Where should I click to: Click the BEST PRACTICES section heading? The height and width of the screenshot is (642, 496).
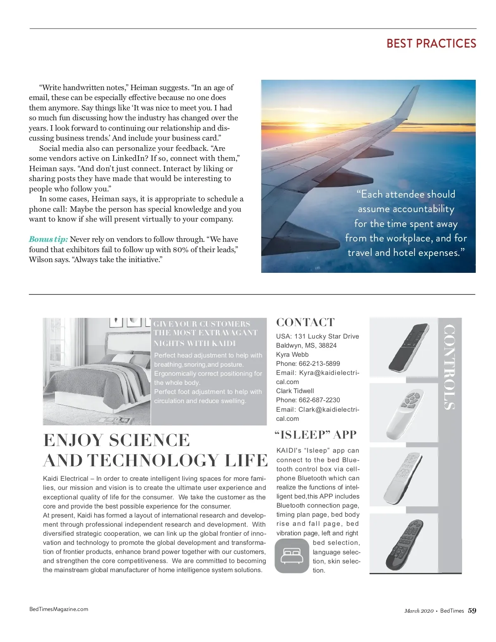click(431, 43)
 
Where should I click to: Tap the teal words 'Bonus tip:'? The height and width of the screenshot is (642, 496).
click(48, 239)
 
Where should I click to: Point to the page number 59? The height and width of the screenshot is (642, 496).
click(472, 611)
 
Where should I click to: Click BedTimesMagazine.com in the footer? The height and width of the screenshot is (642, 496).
click(59, 609)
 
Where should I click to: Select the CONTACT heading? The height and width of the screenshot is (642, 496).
click(305, 322)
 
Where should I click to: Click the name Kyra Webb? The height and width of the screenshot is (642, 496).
click(292, 355)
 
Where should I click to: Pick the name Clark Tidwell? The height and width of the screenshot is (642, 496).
click(295, 391)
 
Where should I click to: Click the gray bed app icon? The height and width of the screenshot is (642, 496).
click(292, 556)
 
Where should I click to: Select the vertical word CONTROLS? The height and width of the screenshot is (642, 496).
click(449, 367)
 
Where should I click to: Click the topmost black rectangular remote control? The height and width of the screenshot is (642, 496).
click(408, 347)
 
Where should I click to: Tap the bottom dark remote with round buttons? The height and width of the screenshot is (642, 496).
click(405, 544)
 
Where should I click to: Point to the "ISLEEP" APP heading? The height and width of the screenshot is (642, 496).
click(315, 435)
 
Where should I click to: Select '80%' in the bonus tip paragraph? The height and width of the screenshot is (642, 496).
click(181, 250)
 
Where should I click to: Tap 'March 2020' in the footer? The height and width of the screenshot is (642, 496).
click(419, 611)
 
